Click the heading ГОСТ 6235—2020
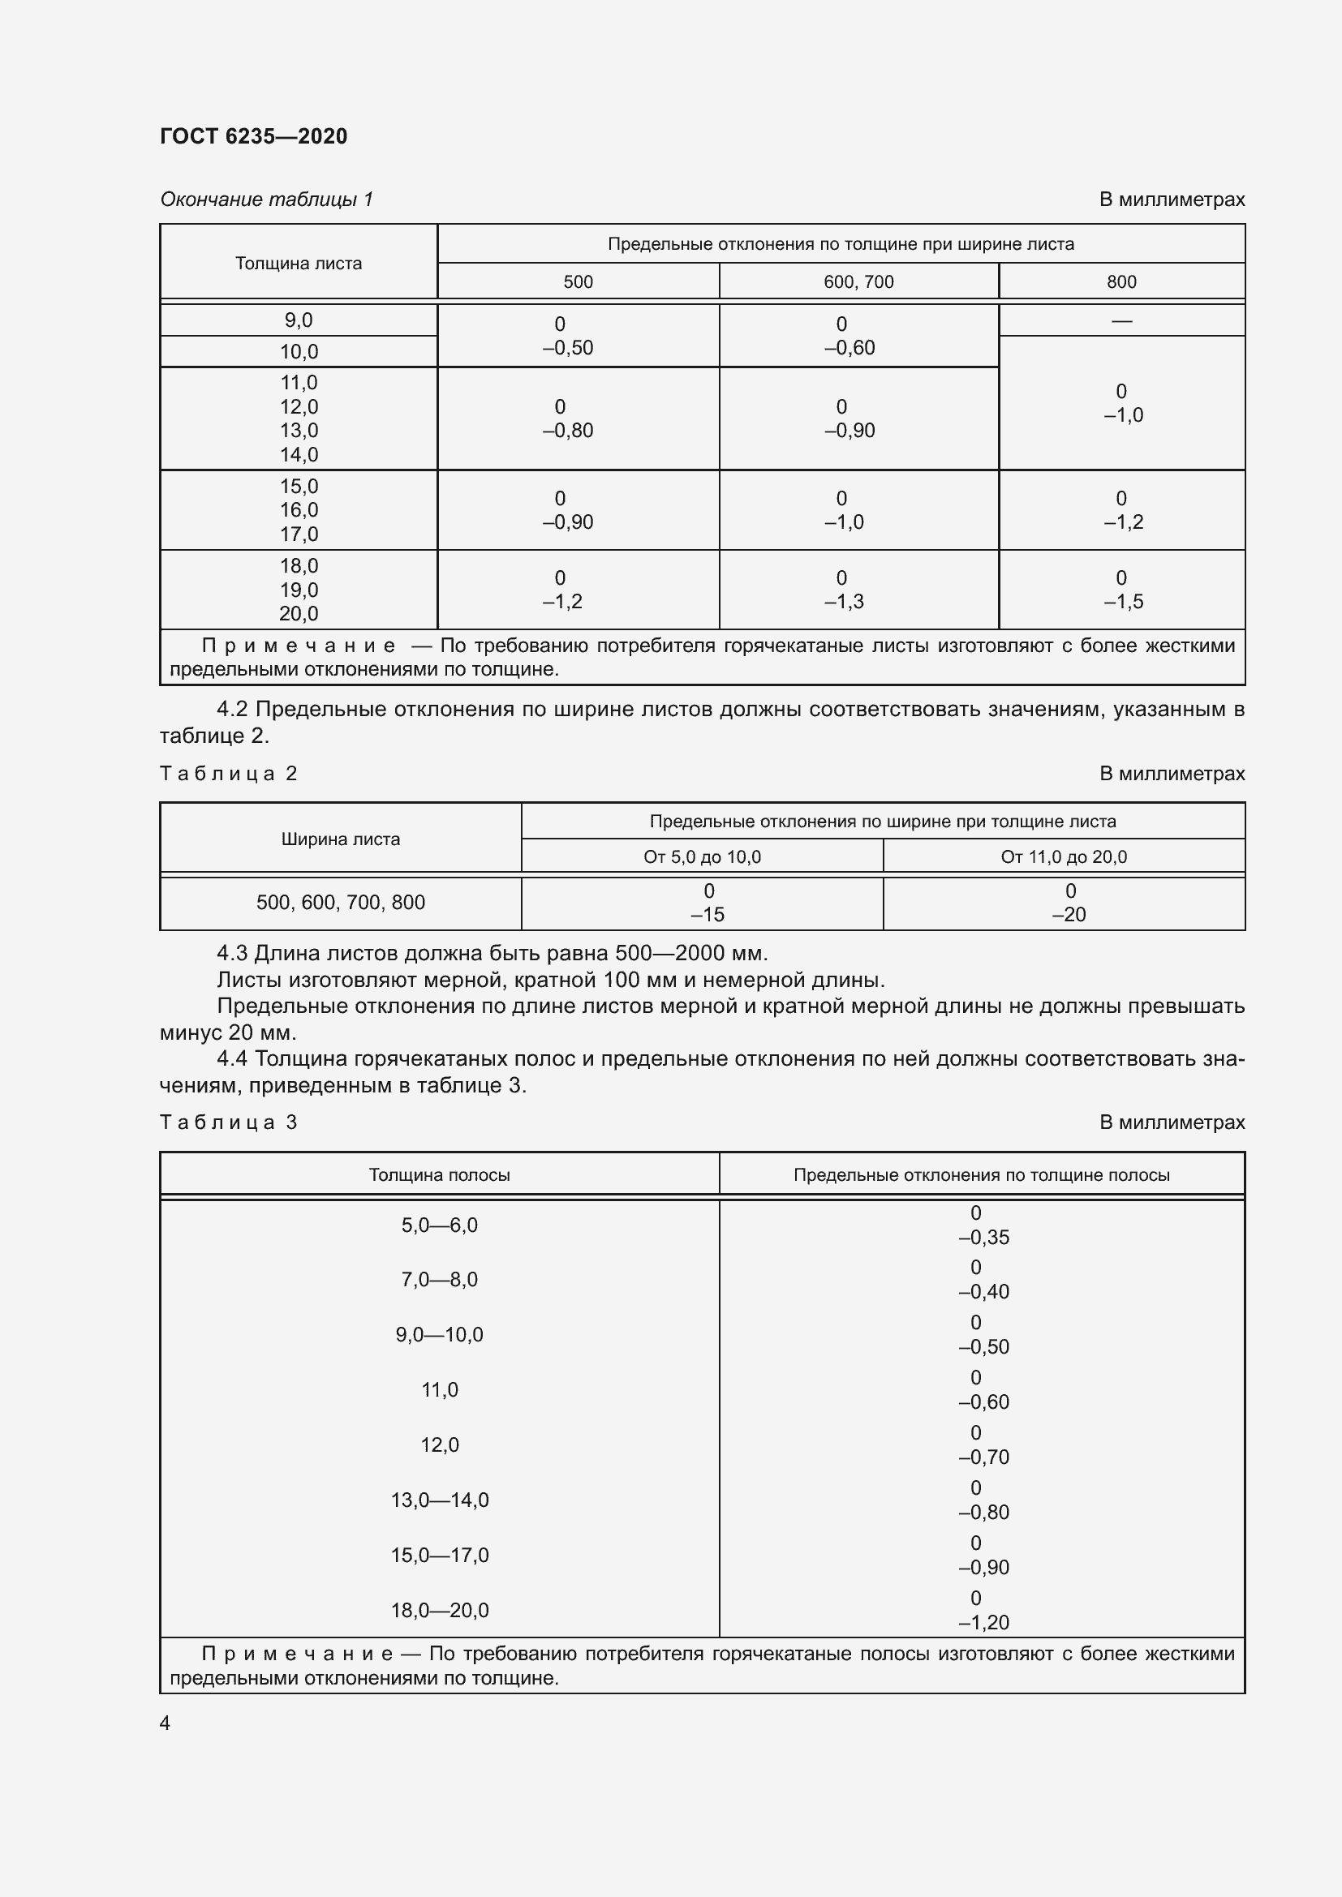point(254,136)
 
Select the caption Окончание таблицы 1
point(267,200)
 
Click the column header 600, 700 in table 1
point(858,281)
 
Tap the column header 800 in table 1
point(1121,281)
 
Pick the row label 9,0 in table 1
point(299,320)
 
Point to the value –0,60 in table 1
point(850,348)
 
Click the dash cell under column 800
point(1121,320)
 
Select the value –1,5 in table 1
point(1124,602)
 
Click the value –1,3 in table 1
point(844,602)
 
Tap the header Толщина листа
point(299,264)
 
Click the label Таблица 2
point(229,774)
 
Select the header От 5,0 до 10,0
point(703,856)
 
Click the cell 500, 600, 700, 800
point(341,902)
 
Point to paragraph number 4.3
point(232,954)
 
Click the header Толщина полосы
point(439,1175)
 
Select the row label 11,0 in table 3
point(439,1390)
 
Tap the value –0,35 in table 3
point(983,1238)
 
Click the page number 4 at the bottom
point(166,1723)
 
